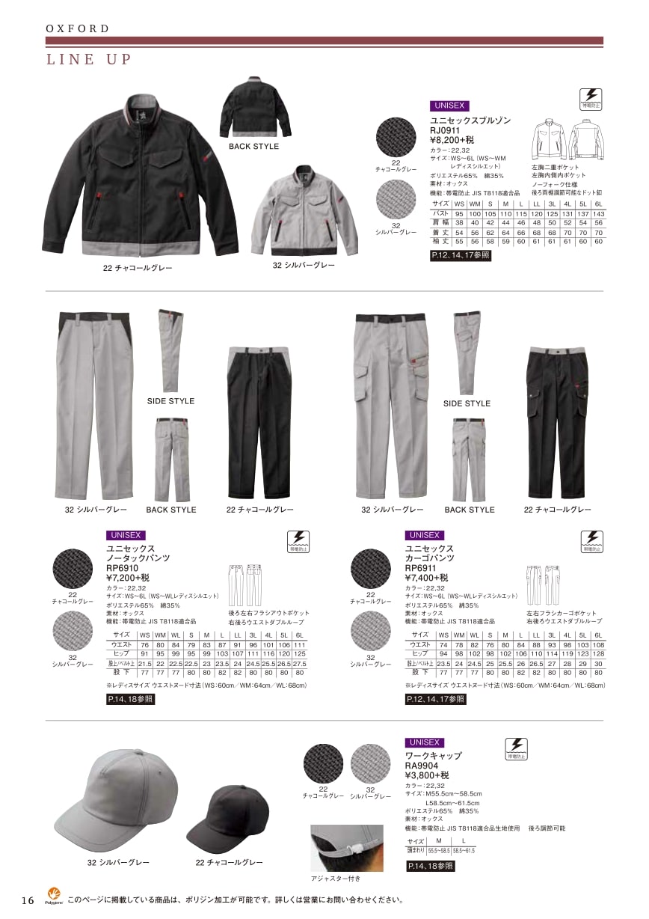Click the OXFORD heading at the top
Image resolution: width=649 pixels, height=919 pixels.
tap(78, 28)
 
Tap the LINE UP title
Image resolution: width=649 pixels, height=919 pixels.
tap(89, 60)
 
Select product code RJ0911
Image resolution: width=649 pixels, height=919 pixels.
tap(446, 129)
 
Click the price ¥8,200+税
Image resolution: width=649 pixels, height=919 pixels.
tap(452, 139)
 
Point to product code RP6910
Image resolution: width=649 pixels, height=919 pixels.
tap(123, 568)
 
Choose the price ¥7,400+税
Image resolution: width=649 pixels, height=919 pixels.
tap(426, 578)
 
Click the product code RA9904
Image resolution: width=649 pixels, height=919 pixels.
tap(421, 766)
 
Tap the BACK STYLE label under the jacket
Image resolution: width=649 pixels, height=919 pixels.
tap(253, 147)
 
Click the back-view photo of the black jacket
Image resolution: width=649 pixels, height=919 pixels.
tap(255, 109)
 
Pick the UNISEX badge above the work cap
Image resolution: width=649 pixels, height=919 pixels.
tap(424, 742)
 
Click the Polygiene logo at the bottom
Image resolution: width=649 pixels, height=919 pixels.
tap(54, 895)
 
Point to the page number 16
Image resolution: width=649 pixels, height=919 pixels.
tap(28, 900)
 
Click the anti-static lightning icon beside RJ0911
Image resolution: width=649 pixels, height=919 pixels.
tap(590, 98)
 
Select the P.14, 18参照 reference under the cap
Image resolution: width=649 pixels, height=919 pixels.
tap(430, 866)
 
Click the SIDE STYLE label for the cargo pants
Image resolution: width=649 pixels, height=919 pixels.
tap(467, 403)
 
